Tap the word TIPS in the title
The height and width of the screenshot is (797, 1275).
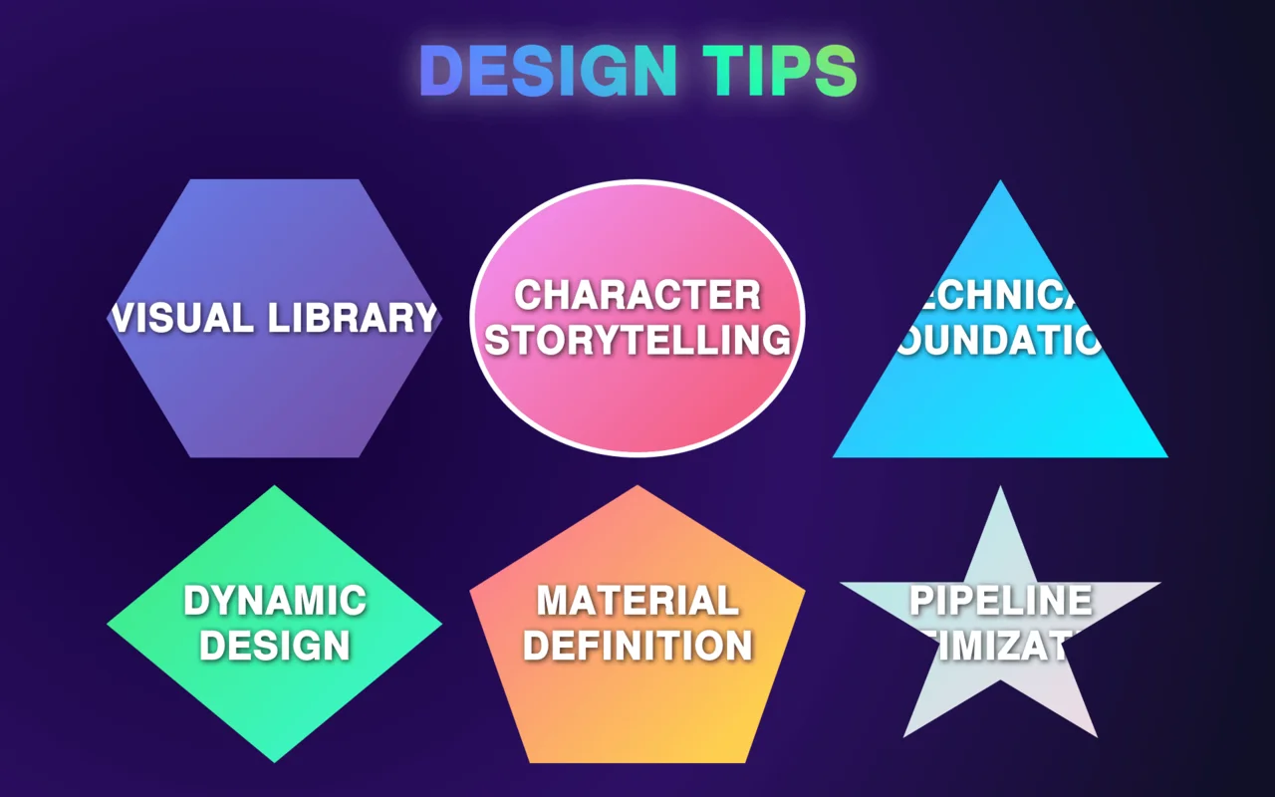pos(780,71)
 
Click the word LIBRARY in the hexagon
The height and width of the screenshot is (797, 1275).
pos(354,318)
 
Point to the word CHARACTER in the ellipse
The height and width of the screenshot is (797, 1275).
pos(637,295)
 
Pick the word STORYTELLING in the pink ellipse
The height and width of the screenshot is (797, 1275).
pos(637,340)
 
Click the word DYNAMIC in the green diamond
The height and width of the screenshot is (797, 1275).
pos(275,601)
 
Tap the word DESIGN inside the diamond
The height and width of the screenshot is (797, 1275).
pos(275,646)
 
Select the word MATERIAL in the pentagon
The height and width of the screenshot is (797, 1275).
pos(637,601)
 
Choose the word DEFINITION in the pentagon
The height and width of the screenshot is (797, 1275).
pos(637,646)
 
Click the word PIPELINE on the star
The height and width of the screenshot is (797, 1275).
pos(1000,601)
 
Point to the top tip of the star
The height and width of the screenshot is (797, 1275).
pos(1000,488)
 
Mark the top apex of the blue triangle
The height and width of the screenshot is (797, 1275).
pos(1000,181)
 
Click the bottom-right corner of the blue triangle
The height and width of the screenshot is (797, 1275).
pos(1165,456)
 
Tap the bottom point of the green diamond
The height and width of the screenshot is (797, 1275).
pos(275,761)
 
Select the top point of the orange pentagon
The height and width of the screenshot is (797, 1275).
pos(637,486)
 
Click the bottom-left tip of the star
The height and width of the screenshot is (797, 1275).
pos(904,736)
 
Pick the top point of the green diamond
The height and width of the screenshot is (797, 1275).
pos(275,486)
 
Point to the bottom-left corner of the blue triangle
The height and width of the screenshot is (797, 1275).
pos(835,456)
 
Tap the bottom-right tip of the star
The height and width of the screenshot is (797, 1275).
pos(1096,736)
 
